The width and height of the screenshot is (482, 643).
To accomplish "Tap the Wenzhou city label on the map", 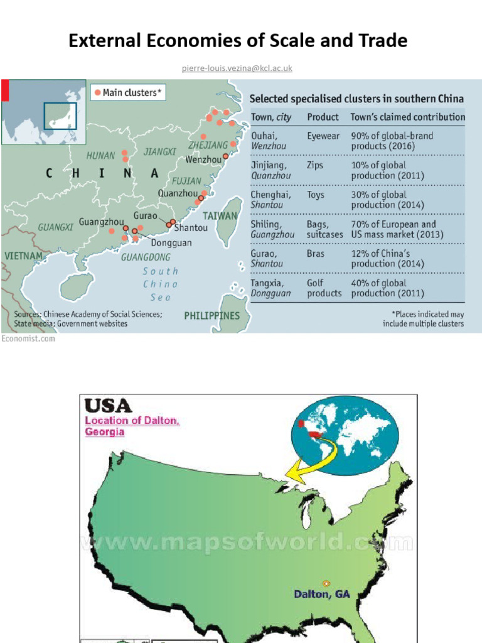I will pyautogui.click(x=204, y=159).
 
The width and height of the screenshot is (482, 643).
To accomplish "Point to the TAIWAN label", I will pyautogui.click(x=220, y=215).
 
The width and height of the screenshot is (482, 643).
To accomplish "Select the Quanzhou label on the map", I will pyautogui.click(x=178, y=193).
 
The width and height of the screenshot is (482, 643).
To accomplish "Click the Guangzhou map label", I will pyautogui.click(x=102, y=222).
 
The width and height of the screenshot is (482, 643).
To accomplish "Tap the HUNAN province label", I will pyautogui.click(x=102, y=155).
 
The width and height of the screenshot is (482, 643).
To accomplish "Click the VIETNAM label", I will pyautogui.click(x=24, y=256).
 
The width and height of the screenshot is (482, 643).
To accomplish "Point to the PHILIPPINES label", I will pyautogui.click(x=212, y=315).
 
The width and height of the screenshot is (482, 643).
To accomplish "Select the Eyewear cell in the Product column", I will pyautogui.click(x=323, y=135).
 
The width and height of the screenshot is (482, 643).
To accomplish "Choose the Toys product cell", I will pyautogui.click(x=317, y=194).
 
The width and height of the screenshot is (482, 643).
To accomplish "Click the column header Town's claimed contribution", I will pyautogui.click(x=408, y=117).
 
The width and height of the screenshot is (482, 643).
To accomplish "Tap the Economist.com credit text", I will pyautogui.click(x=28, y=338).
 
